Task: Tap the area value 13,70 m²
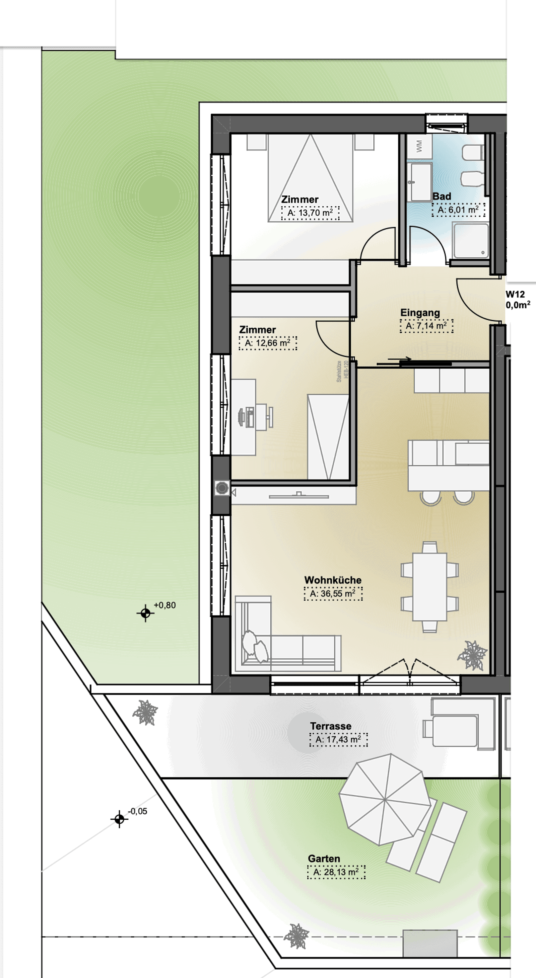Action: pyautogui.click(x=310, y=213)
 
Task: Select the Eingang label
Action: pyautogui.click(x=420, y=313)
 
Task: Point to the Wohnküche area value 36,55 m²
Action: pyautogui.click(x=333, y=593)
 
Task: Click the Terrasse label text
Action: pyautogui.click(x=331, y=726)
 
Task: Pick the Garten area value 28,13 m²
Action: pyautogui.click(x=336, y=872)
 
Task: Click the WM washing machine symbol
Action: pyautogui.click(x=419, y=146)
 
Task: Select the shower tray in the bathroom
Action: pyautogui.click(x=470, y=240)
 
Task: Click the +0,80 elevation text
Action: pyautogui.click(x=165, y=605)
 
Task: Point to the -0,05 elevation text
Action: pyautogui.click(x=137, y=811)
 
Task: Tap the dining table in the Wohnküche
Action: pyautogui.click(x=429, y=587)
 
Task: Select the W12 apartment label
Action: pyautogui.click(x=515, y=294)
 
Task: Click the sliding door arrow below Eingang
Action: pyautogui.click(x=400, y=358)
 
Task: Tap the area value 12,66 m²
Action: pyautogui.click(x=268, y=343)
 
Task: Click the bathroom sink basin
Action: pyautogui.click(x=419, y=182)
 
